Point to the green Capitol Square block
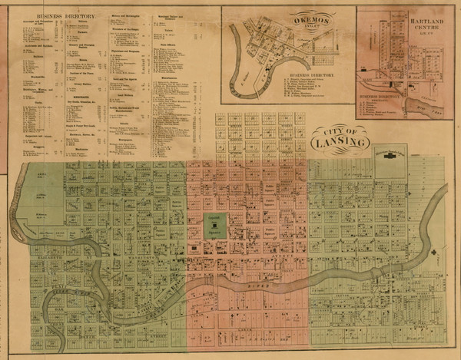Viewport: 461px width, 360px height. point(214,223)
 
